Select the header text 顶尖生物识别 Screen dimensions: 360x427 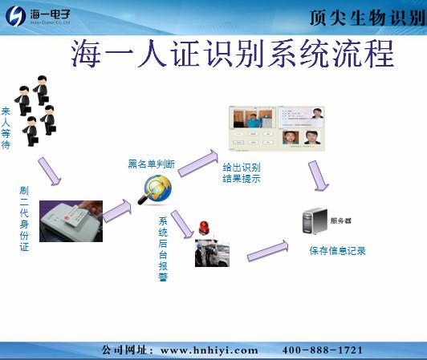(x=366, y=17)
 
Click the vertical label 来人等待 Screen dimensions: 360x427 (x=6, y=127)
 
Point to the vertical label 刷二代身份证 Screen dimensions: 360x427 (x=24, y=219)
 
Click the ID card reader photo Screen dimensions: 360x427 (x=71, y=220)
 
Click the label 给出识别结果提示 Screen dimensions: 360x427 (x=242, y=173)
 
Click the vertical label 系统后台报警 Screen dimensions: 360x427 (x=163, y=248)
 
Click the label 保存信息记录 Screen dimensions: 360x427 (x=337, y=251)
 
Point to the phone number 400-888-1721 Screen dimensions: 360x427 (x=322, y=350)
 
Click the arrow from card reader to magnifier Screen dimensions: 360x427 (x=116, y=210)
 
